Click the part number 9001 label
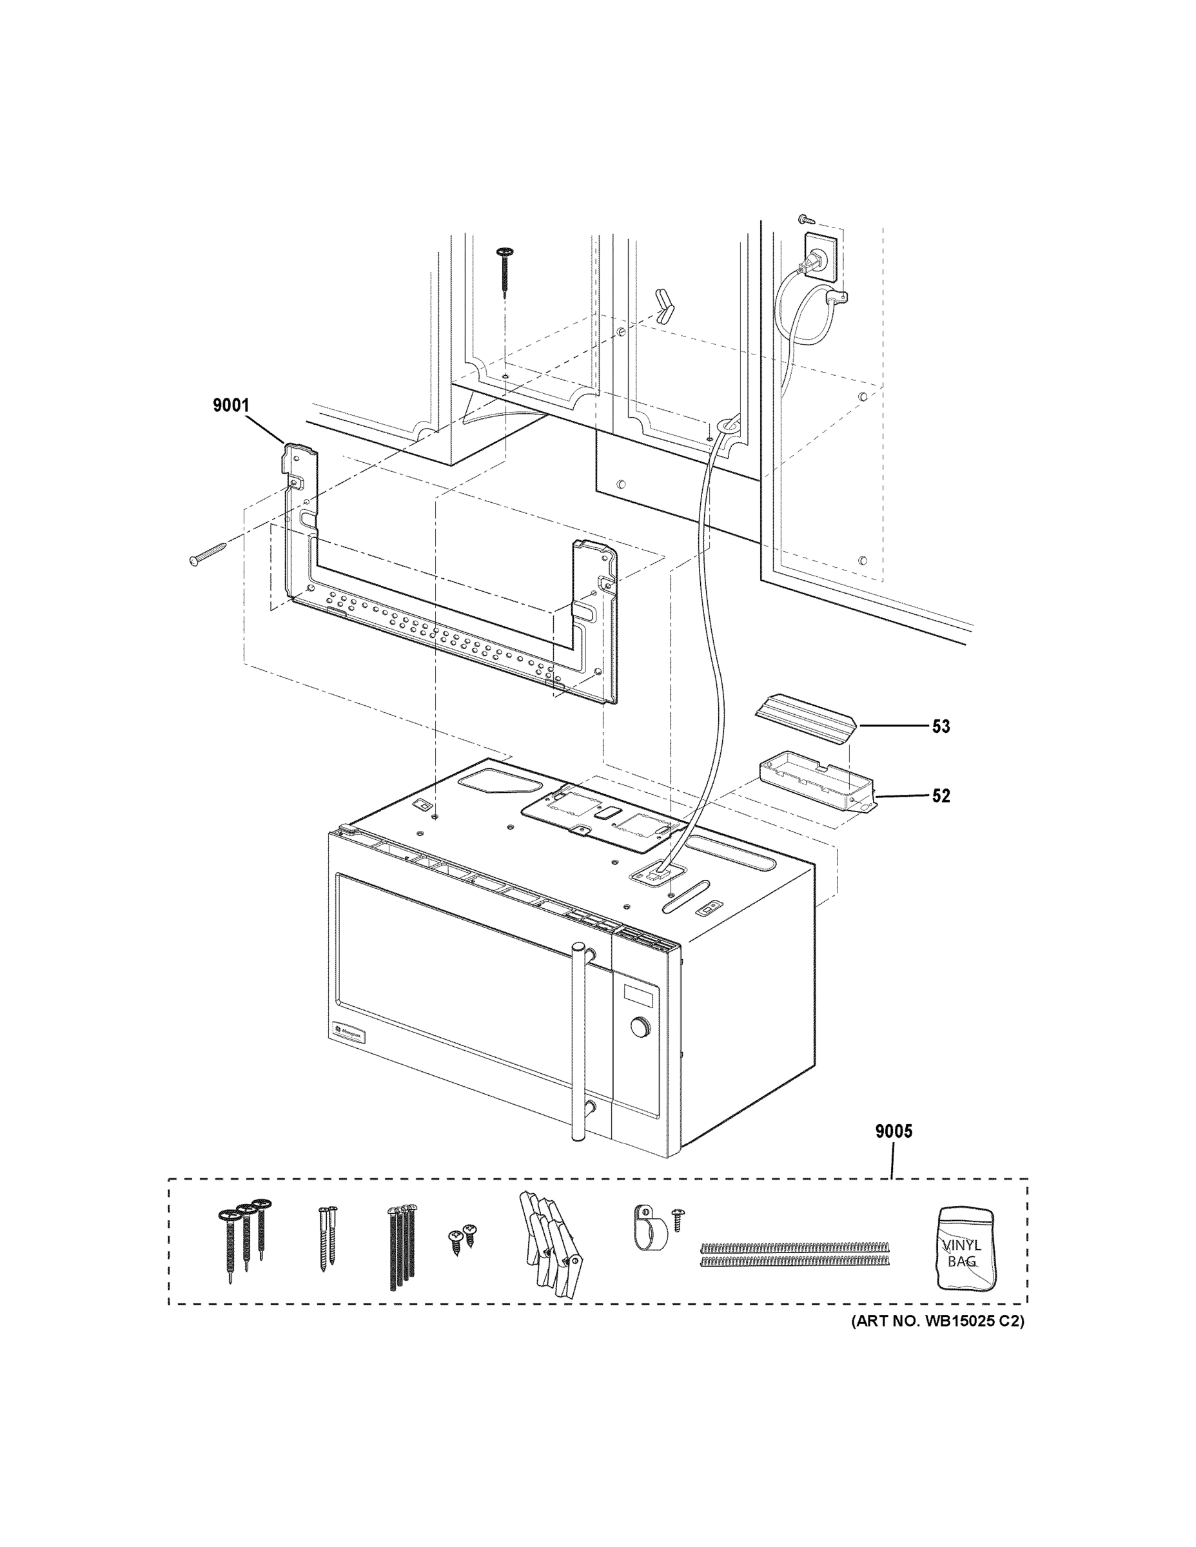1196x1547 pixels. click(231, 405)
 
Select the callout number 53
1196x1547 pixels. click(940, 726)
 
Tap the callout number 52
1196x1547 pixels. click(940, 795)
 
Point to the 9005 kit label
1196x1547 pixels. click(894, 1131)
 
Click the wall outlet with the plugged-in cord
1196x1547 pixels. click(821, 257)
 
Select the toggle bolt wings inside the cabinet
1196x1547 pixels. click(666, 306)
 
